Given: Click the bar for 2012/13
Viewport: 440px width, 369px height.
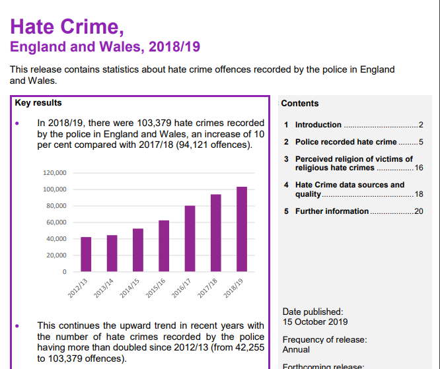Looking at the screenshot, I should [86, 254].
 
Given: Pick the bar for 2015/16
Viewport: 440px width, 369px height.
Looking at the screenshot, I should [164, 246].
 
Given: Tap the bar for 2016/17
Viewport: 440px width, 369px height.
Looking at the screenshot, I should [190, 238].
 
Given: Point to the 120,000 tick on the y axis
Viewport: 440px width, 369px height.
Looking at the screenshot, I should [55, 173].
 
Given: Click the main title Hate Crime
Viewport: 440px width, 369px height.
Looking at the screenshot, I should [67, 26].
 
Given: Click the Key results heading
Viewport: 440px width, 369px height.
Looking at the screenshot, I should [38, 103].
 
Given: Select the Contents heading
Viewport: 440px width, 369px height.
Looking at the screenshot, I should [299, 104].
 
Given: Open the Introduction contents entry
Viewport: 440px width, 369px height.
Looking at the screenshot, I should [318, 125].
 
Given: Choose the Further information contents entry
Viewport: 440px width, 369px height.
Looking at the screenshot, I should [332, 211].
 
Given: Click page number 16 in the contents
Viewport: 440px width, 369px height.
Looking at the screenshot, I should [418, 168].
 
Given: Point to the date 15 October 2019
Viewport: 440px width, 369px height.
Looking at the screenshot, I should [315, 322].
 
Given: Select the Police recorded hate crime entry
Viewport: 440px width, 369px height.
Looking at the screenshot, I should [346, 142].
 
